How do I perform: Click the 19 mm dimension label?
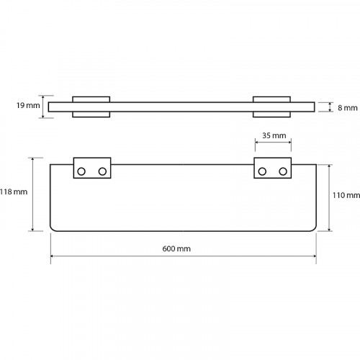(x=28, y=105)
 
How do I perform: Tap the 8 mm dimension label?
(x=348, y=108)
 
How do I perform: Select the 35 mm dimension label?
(x=274, y=135)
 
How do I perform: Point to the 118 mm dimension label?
(x=14, y=192)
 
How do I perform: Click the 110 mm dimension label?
(x=346, y=195)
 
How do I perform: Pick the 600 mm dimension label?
(x=176, y=248)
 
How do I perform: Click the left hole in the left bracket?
(x=81, y=171)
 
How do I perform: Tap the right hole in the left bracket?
(x=102, y=171)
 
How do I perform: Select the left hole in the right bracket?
(x=262, y=171)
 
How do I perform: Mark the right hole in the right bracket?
(x=283, y=171)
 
